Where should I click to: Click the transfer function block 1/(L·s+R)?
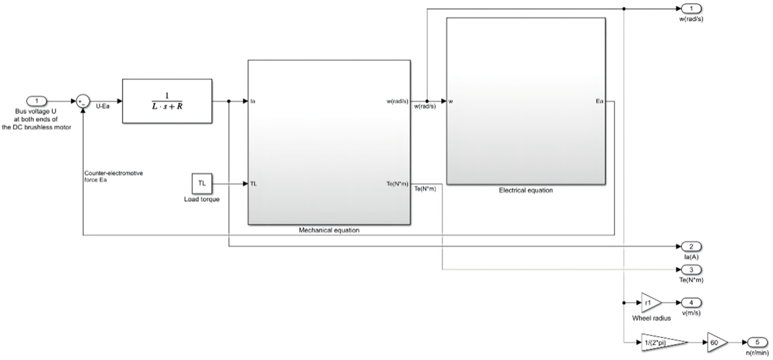pos(167,101)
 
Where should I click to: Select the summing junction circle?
pos(83,101)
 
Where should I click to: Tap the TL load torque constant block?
pos(202,183)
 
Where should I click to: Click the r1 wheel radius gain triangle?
pos(651,303)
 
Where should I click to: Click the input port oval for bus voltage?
pos(37,101)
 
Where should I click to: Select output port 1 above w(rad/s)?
pos(691,9)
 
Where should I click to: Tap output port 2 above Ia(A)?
pos(691,247)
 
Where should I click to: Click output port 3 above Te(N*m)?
pos(691,270)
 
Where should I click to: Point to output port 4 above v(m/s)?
pos(691,303)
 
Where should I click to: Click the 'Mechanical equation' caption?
pos(329,230)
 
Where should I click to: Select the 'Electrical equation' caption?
pos(526,190)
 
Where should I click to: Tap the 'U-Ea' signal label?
pos(103,106)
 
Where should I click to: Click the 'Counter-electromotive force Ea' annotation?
pos(113,177)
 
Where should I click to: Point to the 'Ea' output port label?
pos(599,101)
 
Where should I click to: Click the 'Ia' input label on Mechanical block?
pos(253,101)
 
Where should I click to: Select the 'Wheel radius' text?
pos(651,318)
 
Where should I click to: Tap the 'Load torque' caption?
pos(202,199)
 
